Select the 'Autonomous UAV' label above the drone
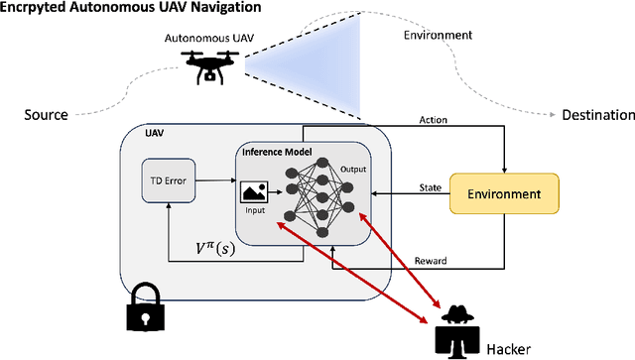coord(202,39)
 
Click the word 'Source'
coord(46,115)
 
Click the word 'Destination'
coord(597,115)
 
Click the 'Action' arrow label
coord(434,120)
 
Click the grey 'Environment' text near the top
coord(439,36)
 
